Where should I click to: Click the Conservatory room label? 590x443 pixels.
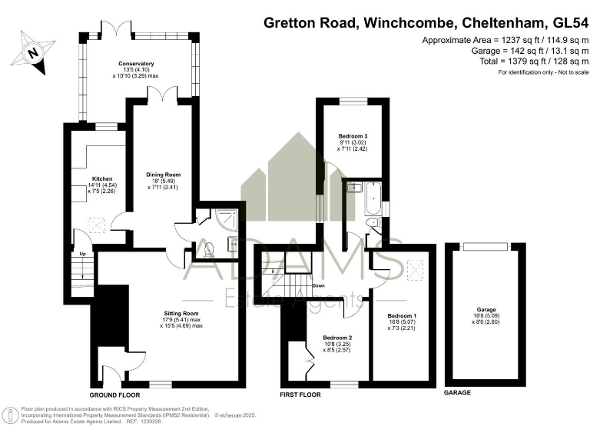[x=136, y=64]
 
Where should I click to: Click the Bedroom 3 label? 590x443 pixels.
[x=353, y=137]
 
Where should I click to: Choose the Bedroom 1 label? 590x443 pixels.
[x=403, y=316]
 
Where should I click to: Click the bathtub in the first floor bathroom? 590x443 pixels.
[x=371, y=198]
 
